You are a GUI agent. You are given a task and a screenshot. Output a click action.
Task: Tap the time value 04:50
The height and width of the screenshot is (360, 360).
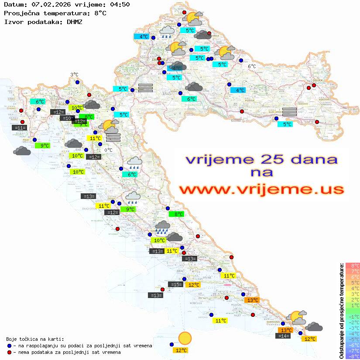(120, 5)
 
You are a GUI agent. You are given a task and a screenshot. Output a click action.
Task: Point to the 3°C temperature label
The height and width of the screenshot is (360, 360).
(74, 75)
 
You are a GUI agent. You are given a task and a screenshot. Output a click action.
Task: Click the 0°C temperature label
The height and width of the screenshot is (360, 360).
(108, 150)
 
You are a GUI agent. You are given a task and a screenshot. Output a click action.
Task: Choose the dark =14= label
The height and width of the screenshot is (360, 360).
(283, 336)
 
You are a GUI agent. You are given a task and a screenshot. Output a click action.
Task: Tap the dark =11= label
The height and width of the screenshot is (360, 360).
(20, 128)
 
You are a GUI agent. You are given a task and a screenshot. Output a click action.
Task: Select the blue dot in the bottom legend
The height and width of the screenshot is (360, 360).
(10, 346)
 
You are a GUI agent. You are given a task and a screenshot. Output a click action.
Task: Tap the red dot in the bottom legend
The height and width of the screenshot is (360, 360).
(10, 352)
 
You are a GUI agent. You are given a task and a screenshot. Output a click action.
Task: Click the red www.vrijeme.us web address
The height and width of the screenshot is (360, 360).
(262, 190)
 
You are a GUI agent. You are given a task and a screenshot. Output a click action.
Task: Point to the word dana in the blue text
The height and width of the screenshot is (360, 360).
(311, 159)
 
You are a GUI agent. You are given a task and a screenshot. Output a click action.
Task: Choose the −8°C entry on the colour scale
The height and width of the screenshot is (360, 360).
(353, 356)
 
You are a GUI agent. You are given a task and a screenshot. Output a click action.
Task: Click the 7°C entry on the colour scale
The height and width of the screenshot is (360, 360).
(353, 271)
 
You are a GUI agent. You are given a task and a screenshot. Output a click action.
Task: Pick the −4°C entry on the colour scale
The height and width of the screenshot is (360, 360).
(353, 333)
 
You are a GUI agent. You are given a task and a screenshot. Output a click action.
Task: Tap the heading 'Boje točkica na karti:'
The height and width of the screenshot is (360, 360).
(35, 339)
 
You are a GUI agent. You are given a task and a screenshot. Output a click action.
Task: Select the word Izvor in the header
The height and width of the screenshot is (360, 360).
(14, 21)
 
